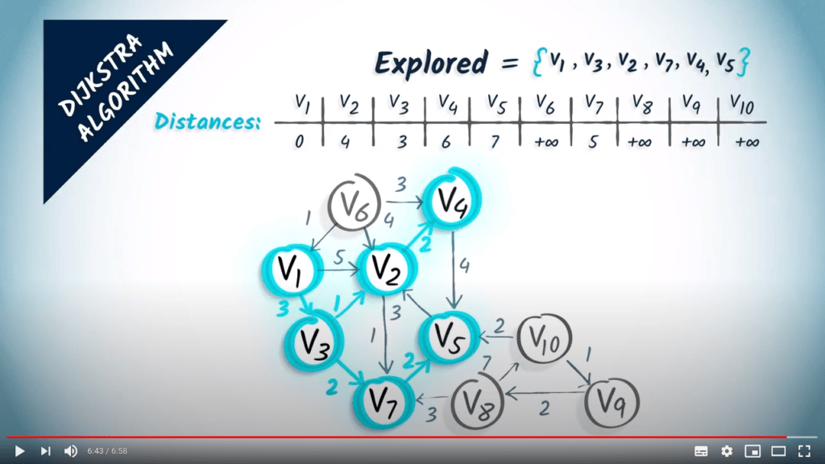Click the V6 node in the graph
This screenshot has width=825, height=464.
[354, 203]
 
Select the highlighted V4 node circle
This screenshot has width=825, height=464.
[451, 200]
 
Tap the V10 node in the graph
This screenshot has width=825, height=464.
[545, 339]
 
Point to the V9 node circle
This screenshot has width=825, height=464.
[611, 403]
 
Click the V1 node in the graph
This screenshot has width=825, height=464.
[292, 270]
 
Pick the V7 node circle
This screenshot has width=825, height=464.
[383, 403]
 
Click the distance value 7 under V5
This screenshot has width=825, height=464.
[495, 142]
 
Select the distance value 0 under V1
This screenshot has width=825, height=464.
[300, 142]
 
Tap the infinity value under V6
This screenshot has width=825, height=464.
[546, 142]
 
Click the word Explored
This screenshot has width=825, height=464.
[432, 64]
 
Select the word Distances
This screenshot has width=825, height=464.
[208, 122]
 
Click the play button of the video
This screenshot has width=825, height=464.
[19, 451]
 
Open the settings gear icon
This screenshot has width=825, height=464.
[727, 451]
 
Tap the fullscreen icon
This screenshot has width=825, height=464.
[804, 451]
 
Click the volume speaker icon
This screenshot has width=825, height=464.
[71, 451]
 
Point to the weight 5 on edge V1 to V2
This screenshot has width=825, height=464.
[339, 257]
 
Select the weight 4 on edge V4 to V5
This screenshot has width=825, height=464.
[464, 266]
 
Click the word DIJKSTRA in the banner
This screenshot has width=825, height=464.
[100, 75]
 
